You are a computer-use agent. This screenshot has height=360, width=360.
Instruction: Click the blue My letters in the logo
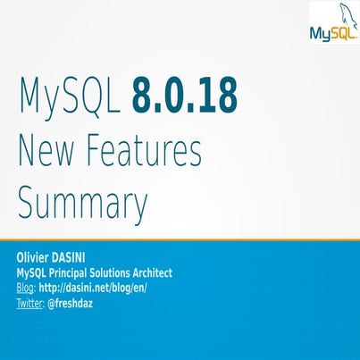coord(320,35)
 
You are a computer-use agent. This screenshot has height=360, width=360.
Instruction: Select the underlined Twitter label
coord(31,304)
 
